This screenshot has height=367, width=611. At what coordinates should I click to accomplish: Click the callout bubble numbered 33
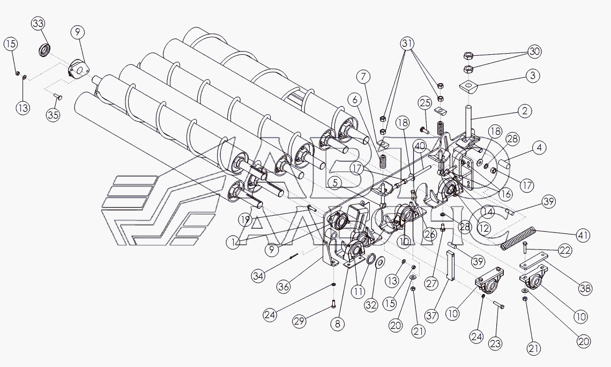click(38, 24)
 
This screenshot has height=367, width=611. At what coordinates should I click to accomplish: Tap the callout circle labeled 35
click(53, 115)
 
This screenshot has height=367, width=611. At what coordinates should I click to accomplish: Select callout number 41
click(583, 235)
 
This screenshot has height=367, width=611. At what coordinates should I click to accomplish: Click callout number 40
click(419, 147)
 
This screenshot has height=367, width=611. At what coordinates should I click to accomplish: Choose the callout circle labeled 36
click(284, 287)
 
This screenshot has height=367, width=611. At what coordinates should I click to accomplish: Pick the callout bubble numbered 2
click(525, 111)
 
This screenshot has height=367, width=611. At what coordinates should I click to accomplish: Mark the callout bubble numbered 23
click(495, 343)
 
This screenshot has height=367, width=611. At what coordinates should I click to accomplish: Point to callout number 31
click(407, 43)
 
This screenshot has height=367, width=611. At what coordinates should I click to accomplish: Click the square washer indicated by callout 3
click(468, 86)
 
